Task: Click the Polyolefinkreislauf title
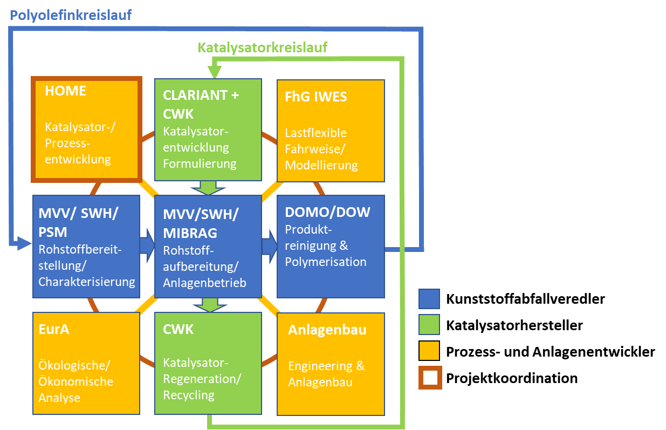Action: point(71,15)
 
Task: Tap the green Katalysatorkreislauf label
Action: point(262,47)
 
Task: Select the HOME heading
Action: point(65,91)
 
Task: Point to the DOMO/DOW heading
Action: point(327,212)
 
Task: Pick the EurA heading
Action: point(54,329)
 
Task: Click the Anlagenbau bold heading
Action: point(327,330)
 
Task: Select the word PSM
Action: point(52,232)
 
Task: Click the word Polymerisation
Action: point(325,262)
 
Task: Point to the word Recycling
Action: point(188,395)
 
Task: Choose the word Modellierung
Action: point(321,165)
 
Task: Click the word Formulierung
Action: point(200,163)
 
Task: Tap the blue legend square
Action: point(429,298)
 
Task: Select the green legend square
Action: point(429,324)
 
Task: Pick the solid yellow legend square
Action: point(429,350)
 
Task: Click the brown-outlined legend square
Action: point(430,377)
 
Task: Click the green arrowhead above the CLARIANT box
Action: point(215,70)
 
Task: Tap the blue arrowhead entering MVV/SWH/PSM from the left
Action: point(24,244)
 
